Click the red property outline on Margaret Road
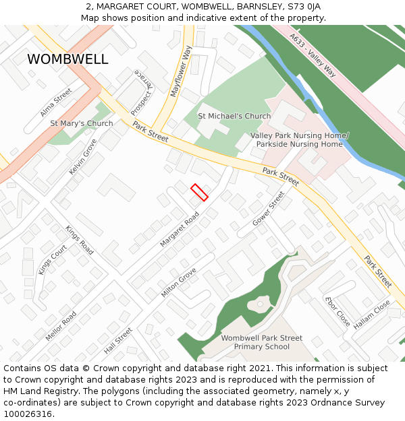pyautogui.click(x=199, y=192)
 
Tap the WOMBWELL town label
pyautogui.click(x=67, y=59)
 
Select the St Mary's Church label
pyautogui.click(x=82, y=124)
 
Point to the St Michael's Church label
pyautogui.click(x=234, y=117)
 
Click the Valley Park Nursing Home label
pyautogui.click(x=299, y=135)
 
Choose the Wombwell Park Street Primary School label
pyautogui.click(x=261, y=342)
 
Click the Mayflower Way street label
pyautogui.click(x=182, y=72)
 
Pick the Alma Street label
pyautogui.click(x=56, y=102)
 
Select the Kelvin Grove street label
pyautogui.click(x=83, y=157)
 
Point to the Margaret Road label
pyautogui.click(x=180, y=229)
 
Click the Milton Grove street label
pyautogui.click(x=179, y=283)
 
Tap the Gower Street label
pyautogui.click(x=269, y=209)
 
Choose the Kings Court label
pyautogui.click(x=53, y=259)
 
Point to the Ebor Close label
pyautogui.click(x=337, y=312)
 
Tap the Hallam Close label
pyautogui.click(x=372, y=315)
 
